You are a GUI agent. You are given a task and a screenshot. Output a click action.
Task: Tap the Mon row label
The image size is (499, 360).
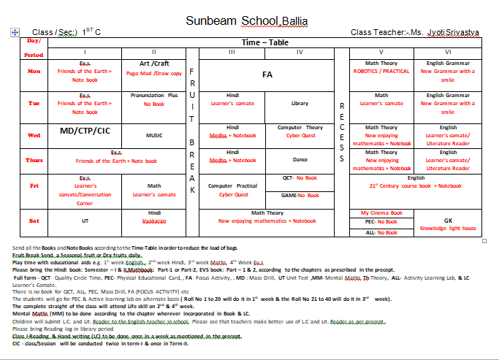(34, 72)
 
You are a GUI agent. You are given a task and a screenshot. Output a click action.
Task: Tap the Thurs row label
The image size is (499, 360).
(34, 161)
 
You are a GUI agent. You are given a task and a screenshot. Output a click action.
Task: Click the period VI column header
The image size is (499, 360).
(449, 53)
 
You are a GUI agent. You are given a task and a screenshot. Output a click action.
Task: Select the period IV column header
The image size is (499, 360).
(300, 53)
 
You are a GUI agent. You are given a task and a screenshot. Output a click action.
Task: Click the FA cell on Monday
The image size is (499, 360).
(267, 74)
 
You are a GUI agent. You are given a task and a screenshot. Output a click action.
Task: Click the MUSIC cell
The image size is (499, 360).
(154, 135)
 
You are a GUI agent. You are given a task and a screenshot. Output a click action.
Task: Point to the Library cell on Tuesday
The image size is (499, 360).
(300, 104)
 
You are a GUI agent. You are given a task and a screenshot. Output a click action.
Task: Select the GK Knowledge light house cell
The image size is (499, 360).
(449, 224)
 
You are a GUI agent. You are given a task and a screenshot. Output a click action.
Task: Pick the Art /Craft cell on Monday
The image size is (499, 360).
(154, 68)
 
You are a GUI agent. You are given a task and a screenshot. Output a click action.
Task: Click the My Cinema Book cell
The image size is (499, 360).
(381, 212)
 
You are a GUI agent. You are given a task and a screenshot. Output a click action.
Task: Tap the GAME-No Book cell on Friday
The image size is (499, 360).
(300, 196)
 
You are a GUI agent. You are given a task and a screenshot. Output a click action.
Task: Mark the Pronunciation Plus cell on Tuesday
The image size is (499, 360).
(154, 99)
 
